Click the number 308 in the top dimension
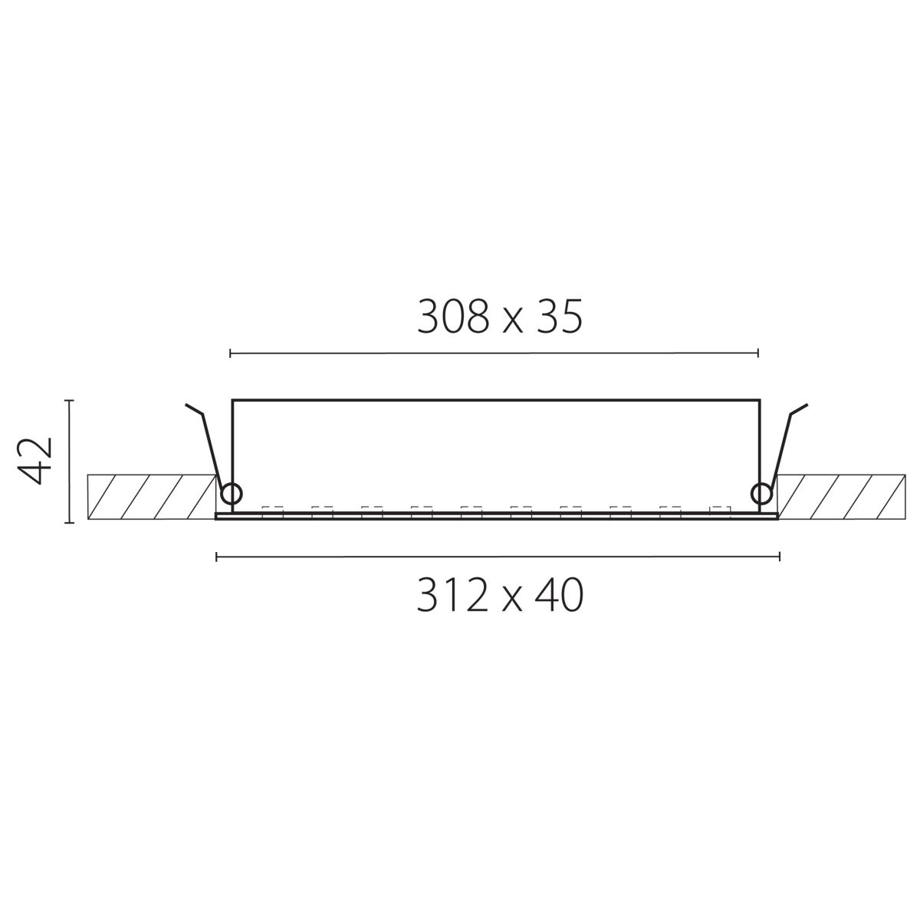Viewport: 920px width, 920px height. click(x=453, y=317)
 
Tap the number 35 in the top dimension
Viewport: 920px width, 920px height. click(x=558, y=317)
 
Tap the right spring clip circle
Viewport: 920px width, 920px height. click(x=761, y=493)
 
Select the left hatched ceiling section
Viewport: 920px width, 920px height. click(x=152, y=497)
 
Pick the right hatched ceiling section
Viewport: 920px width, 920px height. click(x=841, y=497)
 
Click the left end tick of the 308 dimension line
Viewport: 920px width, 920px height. click(x=230, y=353)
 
